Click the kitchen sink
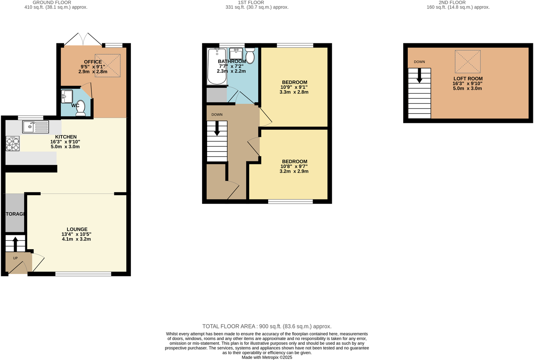coord(35,127)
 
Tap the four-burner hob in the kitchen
coord(12,144)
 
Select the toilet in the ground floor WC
coord(81,108)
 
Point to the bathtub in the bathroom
coord(216,66)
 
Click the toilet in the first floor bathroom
coord(250,55)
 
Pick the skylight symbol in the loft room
coord(468,61)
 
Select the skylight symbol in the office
coord(108,66)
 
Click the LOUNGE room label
coord(77,229)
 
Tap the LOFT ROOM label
coord(468,79)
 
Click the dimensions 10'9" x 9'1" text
coord(294,87)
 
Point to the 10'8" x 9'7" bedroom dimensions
coord(294,166)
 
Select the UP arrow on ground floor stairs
coord(15,244)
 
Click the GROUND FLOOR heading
coord(52,2)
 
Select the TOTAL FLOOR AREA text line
coord(267,326)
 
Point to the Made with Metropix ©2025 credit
coord(267,357)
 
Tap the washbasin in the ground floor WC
coord(67,96)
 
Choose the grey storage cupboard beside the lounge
coord(15,213)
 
